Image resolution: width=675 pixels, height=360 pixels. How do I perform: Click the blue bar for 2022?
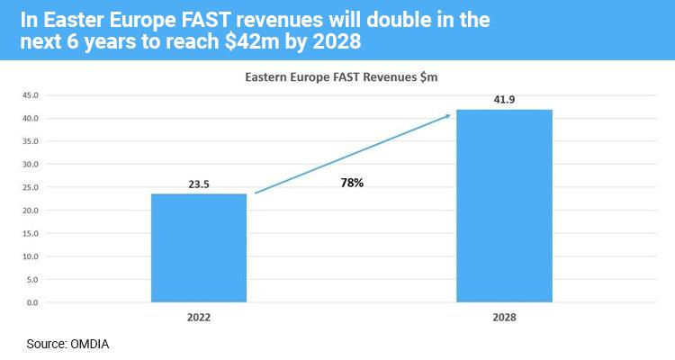(199, 248)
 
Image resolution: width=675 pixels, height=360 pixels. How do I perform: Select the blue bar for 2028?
(504, 206)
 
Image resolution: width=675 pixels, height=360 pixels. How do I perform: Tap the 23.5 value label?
(199, 184)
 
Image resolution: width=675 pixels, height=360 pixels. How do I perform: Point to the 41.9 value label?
(504, 100)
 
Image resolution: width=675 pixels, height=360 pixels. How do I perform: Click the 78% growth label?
(352, 183)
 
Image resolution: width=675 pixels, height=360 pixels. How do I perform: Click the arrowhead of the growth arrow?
(447, 116)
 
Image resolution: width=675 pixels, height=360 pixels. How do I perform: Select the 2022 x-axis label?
(199, 318)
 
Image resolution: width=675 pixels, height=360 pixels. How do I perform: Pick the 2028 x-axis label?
(504, 318)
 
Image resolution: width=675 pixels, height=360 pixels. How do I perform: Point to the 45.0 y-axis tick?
(31, 95)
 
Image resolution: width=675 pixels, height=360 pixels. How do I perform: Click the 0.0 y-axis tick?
(32, 302)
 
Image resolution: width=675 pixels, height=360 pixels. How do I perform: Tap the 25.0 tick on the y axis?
(31, 187)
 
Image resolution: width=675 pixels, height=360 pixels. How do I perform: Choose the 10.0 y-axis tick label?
(31, 256)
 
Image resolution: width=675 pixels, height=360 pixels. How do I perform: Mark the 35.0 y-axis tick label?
(31, 141)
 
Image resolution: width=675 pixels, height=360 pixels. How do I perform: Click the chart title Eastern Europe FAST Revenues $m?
(341, 77)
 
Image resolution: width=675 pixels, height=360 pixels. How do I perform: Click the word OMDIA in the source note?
(89, 344)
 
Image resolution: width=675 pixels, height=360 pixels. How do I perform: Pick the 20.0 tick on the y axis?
(31, 210)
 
